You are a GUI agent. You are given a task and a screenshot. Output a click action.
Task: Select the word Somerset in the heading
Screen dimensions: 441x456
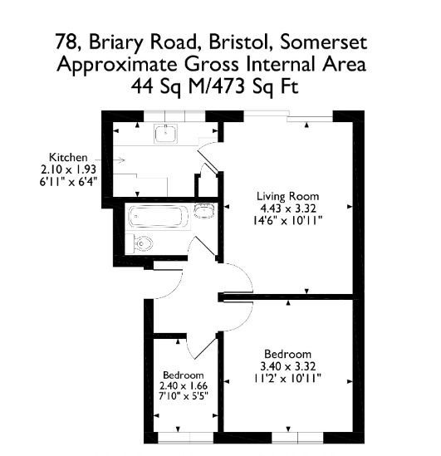point(323,42)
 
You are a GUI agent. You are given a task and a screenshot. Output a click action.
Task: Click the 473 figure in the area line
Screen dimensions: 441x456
point(229,86)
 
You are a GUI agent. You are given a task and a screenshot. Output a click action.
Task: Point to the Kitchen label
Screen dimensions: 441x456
point(68,157)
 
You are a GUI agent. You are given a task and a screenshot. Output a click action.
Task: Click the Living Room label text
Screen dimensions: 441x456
point(288,196)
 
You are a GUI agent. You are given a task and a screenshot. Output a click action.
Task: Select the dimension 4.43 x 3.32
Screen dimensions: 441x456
point(288,208)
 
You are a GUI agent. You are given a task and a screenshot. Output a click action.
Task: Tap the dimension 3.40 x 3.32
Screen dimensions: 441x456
point(288,366)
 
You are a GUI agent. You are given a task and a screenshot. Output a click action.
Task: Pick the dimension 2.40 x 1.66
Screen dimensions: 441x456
point(184,386)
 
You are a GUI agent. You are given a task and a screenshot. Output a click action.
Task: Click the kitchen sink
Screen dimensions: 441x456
point(166,134)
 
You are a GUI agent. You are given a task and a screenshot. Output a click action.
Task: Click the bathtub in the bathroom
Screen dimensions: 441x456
point(159,217)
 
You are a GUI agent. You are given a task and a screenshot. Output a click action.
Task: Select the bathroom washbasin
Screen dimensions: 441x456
point(204,210)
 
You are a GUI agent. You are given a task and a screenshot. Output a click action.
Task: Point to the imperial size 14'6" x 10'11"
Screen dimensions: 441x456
point(288,221)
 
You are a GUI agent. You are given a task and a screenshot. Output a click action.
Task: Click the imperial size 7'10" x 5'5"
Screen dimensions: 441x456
point(184,396)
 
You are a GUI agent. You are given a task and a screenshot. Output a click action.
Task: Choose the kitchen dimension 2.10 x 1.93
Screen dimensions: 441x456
point(68,169)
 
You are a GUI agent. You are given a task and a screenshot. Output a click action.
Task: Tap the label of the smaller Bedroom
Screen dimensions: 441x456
point(184,375)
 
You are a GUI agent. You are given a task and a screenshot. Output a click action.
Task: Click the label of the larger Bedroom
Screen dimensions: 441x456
point(288,354)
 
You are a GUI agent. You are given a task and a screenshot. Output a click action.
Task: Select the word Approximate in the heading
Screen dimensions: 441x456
point(117,65)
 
